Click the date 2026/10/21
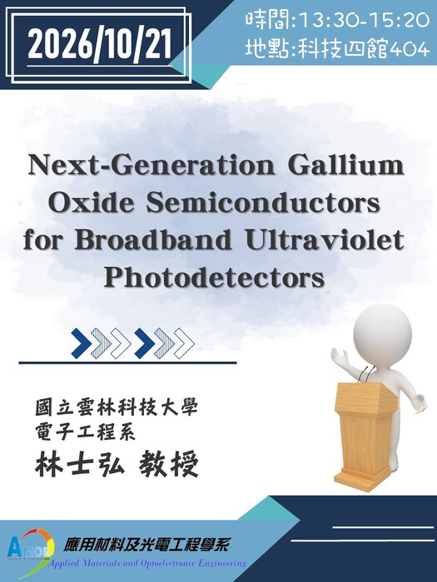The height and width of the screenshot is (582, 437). [x=100, y=45]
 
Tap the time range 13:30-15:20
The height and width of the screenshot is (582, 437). [x=364, y=20]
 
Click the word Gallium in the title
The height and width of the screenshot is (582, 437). [x=346, y=165]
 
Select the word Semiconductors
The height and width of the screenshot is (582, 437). [x=263, y=203]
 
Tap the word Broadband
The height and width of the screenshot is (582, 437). [x=152, y=240]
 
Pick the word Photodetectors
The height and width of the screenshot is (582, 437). [x=214, y=279]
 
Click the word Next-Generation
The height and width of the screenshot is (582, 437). [x=151, y=165]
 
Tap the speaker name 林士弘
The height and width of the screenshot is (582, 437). [x=80, y=463]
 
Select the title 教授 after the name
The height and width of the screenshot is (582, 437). [x=169, y=463]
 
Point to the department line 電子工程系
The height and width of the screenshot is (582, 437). [x=85, y=432]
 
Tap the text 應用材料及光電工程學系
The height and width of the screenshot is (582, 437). [x=146, y=545]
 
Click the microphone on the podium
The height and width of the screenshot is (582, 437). [x=363, y=374]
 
